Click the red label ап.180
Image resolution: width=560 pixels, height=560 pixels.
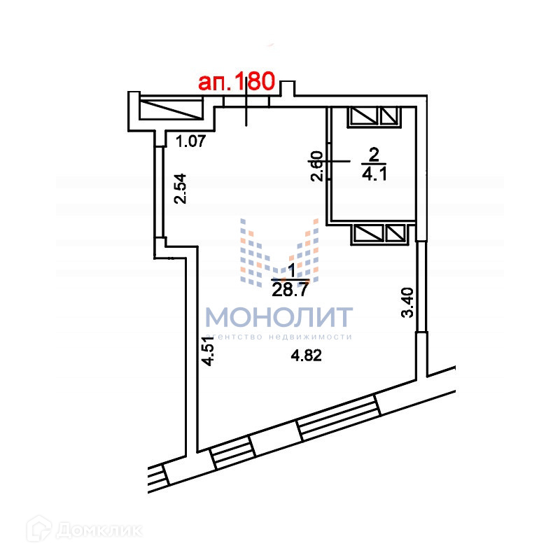point(235,82)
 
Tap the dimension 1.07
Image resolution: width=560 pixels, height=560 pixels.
point(190,142)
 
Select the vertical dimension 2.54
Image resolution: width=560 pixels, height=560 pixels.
point(181,188)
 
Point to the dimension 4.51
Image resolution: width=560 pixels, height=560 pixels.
point(207,351)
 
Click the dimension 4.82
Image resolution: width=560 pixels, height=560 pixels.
point(306,355)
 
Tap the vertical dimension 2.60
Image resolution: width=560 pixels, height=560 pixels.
point(316,167)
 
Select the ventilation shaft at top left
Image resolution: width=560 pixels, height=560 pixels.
point(168,110)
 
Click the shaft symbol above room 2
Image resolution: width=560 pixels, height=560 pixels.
point(374,115)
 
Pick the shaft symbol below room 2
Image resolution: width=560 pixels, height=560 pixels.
point(380,233)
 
